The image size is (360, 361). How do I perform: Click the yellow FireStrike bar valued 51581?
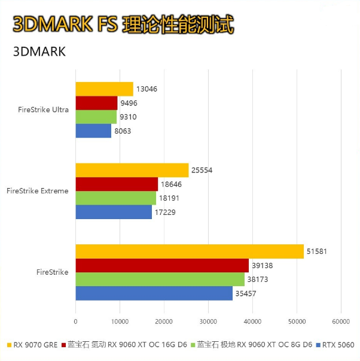(190, 251)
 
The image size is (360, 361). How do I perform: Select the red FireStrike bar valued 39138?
(162, 265)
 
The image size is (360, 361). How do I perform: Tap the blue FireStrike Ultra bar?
(93, 131)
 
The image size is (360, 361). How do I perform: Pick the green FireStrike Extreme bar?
(115, 198)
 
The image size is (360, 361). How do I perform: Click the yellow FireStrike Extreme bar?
(132, 170)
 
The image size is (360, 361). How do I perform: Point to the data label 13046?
(147, 89)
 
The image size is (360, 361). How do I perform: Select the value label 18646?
(172, 184)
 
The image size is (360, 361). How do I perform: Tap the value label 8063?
(124, 131)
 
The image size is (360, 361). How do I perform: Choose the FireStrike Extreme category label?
(37, 191)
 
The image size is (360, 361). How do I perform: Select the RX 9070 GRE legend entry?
(33, 345)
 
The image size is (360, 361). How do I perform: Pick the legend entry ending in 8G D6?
(254, 345)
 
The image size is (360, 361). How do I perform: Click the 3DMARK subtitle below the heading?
(39, 51)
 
